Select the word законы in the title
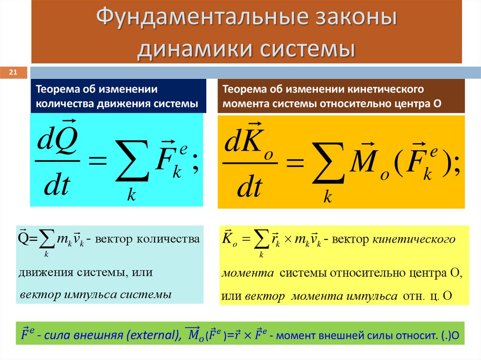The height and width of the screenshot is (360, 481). pyautogui.click(x=350, y=20)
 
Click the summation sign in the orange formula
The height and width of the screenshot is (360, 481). pyautogui.click(x=327, y=162)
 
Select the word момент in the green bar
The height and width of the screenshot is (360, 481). pyautogui.click(x=300, y=335)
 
